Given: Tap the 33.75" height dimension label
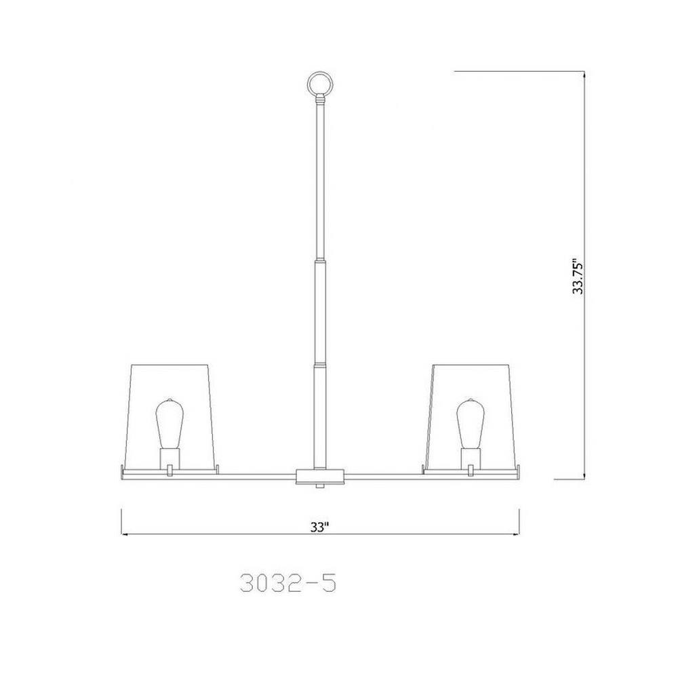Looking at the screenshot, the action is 578,277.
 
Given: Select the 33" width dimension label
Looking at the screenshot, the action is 319,527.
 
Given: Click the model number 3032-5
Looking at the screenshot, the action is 288,584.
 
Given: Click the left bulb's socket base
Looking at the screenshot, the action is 169,458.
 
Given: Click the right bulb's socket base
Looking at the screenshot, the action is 471,458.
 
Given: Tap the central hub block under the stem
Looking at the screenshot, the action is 320,476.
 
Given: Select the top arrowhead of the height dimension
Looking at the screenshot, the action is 584,75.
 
